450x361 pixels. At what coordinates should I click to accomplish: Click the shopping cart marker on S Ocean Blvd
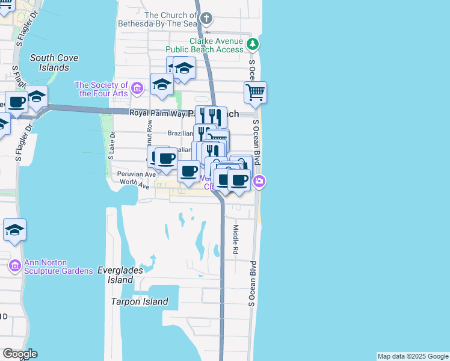(256, 93)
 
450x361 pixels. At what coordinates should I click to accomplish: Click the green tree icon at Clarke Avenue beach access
(253, 44)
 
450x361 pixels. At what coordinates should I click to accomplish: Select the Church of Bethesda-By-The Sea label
(171, 19)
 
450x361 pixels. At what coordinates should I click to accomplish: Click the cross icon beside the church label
(207, 18)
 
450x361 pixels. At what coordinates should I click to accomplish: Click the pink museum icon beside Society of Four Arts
(137, 89)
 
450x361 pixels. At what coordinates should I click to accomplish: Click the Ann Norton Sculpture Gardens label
(59, 267)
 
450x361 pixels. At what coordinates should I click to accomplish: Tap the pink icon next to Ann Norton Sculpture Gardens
(14, 265)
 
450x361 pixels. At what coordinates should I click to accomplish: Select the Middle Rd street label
(236, 239)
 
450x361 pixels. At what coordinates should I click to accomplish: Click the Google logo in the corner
(20, 354)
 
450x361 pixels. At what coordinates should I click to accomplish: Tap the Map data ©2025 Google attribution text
(413, 356)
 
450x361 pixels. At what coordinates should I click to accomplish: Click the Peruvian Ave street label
(137, 173)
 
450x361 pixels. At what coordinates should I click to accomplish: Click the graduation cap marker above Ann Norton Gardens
(14, 230)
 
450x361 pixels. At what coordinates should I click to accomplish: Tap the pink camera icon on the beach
(259, 180)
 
